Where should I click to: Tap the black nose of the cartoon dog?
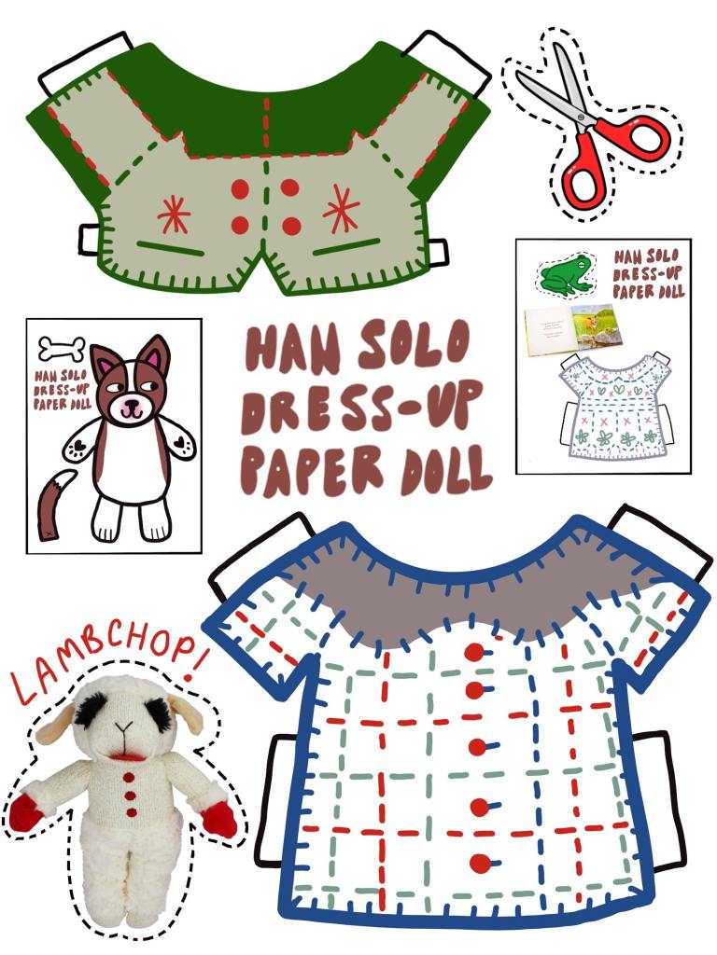(131, 406)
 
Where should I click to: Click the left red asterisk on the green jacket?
(174, 215)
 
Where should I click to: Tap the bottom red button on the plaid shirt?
(479, 863)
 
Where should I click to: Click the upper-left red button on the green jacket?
(241, 189)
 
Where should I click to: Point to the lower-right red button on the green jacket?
(291, 226)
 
